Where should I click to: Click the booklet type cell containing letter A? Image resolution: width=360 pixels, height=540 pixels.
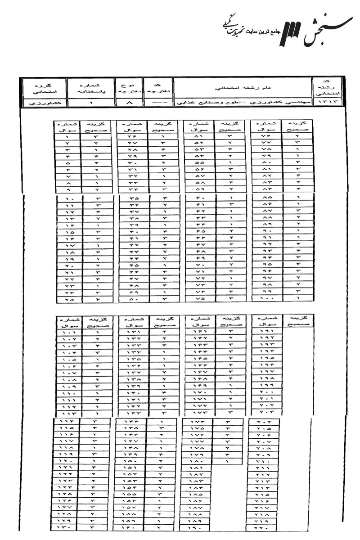click(128, 103)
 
